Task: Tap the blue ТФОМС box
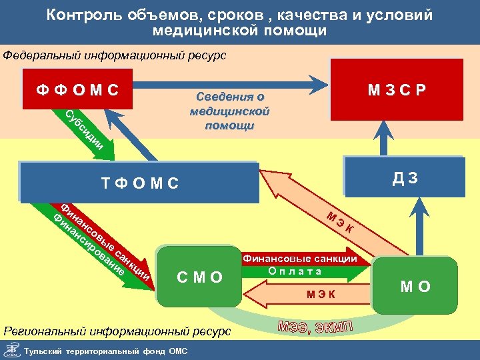point(139,182)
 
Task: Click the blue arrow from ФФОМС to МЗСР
point(227,85)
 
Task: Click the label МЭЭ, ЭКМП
point(314,327)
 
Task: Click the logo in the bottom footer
point(11,350)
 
